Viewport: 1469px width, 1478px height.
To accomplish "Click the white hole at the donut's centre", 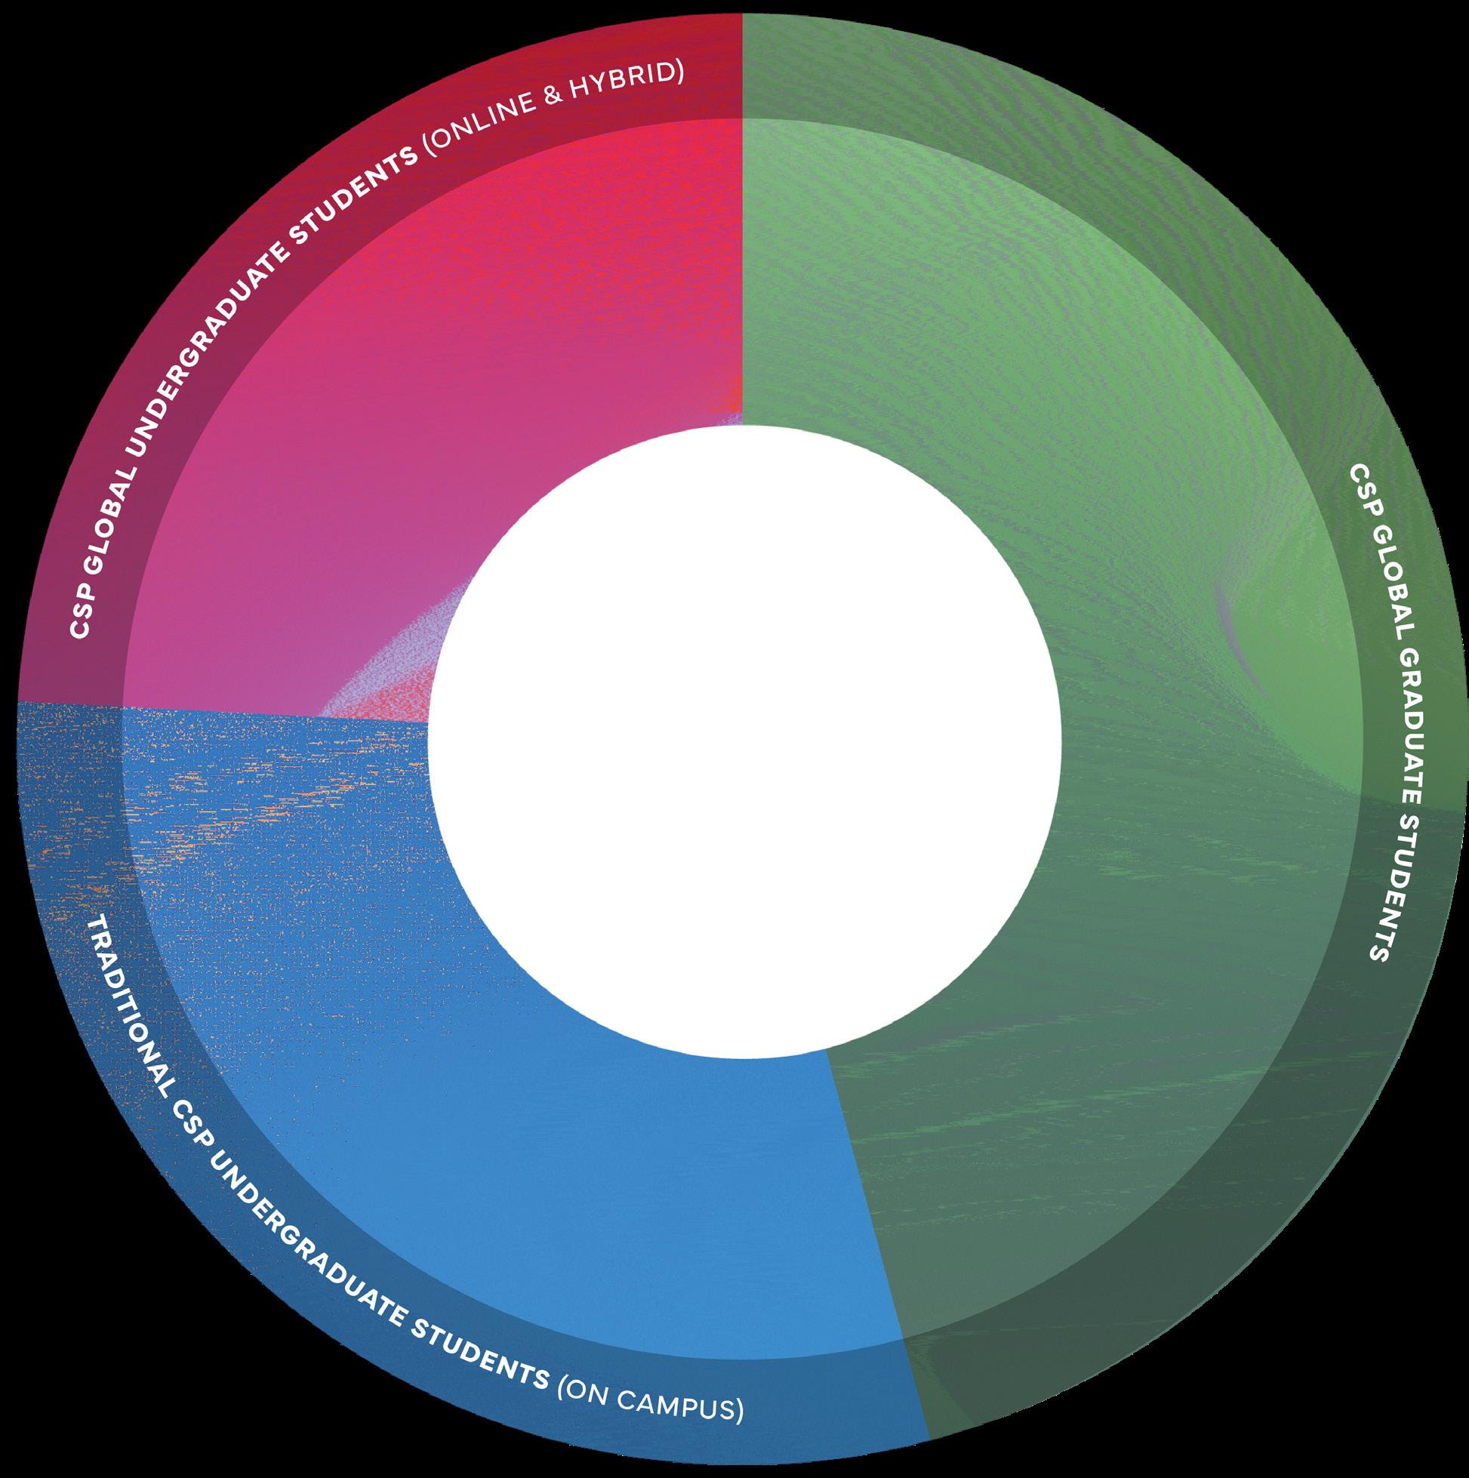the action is click(744, 742).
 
